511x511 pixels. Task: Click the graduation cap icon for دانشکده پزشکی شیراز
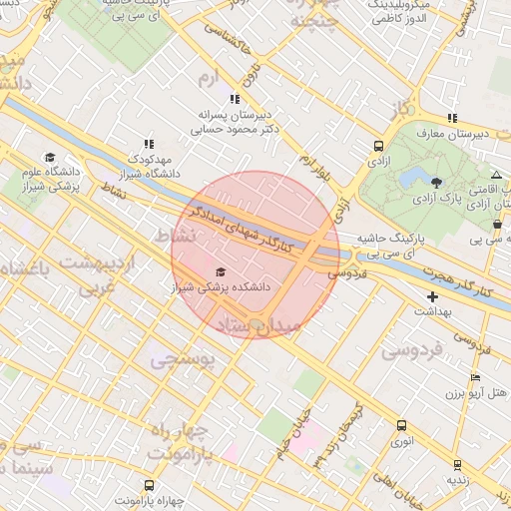click(x=221, y=271)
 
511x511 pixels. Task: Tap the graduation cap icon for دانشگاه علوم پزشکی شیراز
click(x=50, y=157)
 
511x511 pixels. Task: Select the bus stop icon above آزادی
click(x=376, y=145)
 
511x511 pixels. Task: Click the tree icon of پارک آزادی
click(x=436, y=181)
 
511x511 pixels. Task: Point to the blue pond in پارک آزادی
click(x=410, y=179)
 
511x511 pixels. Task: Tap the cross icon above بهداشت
click(x=432, y=296)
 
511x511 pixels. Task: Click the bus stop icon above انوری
click(x=401, y=425)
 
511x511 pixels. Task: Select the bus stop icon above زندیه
click(x=457, y=464)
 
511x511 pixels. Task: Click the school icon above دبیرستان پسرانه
click(x=235, y=99)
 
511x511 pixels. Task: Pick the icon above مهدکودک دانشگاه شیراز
click(x=149, y=144)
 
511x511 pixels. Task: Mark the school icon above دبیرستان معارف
click(x=452, y=118)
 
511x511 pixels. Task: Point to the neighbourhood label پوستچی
click(x=181, y=361)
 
